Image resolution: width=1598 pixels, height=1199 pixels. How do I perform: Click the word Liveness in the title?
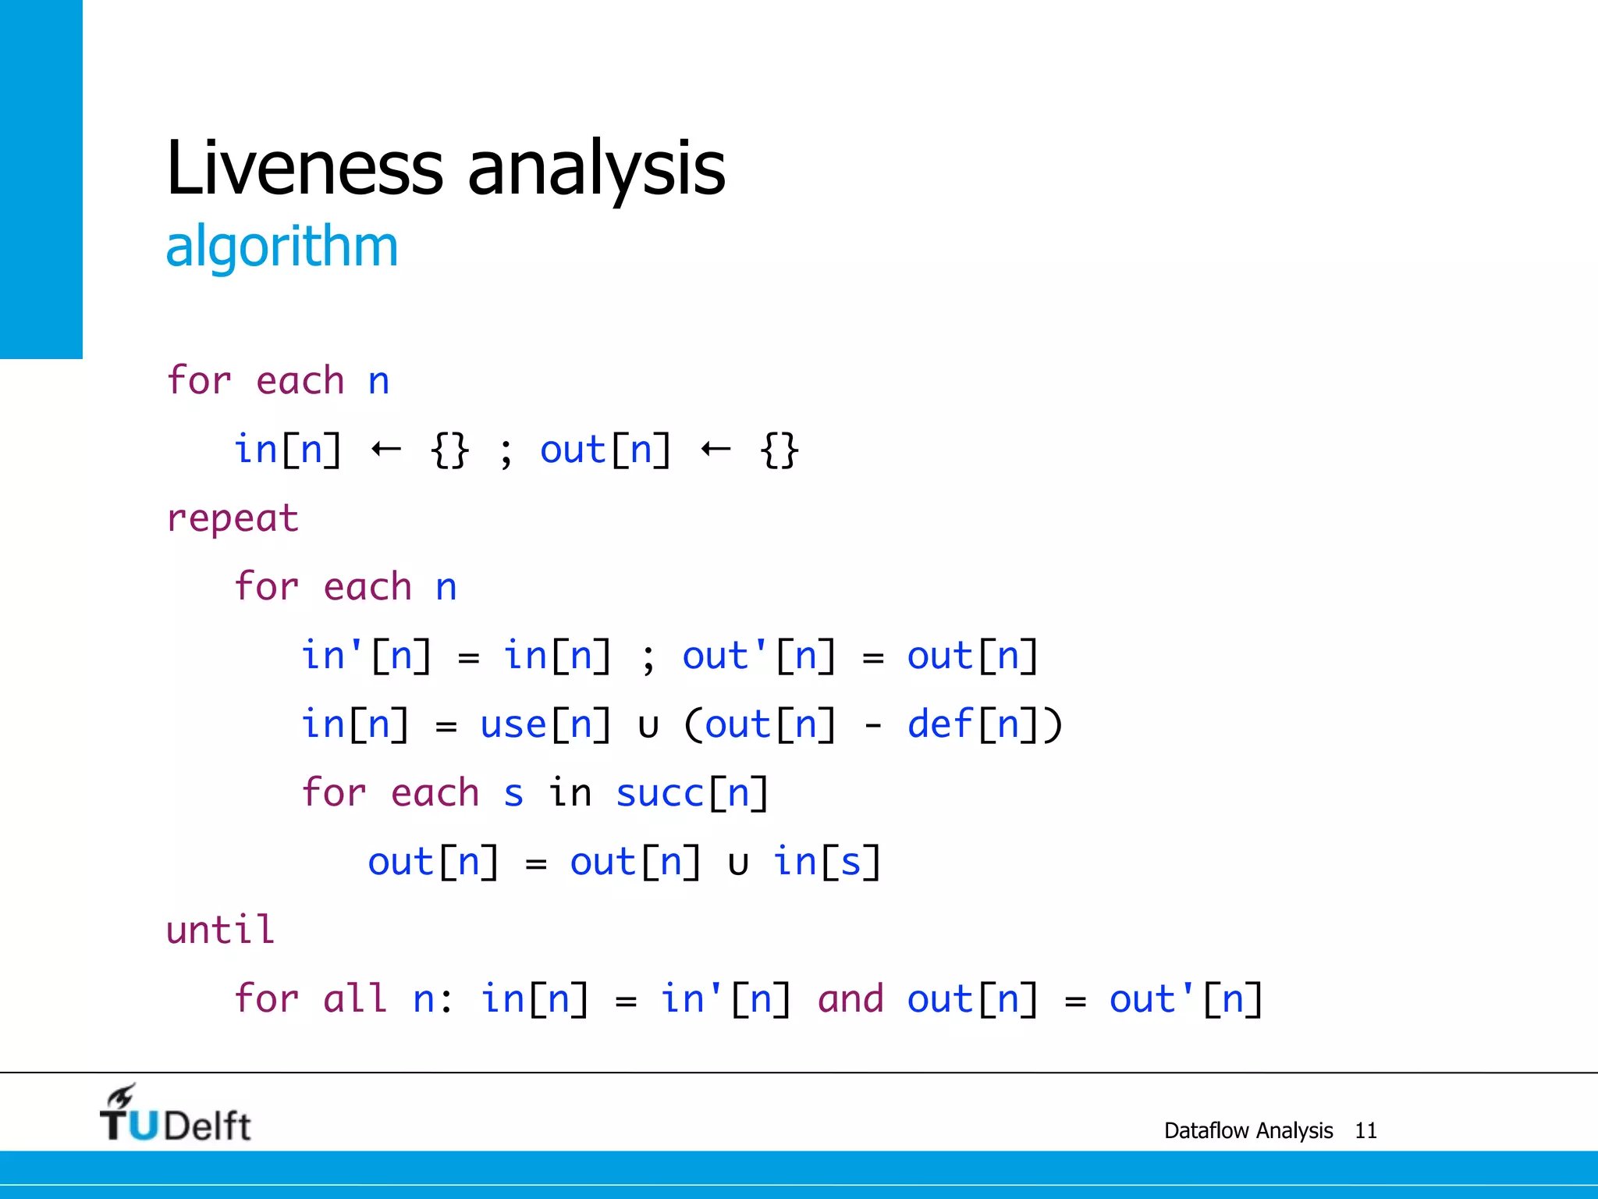click(x=304, y=167)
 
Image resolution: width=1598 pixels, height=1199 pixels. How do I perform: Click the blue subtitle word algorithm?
click(x=282, y=247)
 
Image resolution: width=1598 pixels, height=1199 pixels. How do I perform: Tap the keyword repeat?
click(x=233, y=519)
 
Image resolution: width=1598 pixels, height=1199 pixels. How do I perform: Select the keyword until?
click(x=220, y=930)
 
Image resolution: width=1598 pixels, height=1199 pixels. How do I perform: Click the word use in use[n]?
click(x=513, y=725)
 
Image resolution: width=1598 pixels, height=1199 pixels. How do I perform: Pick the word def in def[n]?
click(x=939, y=724)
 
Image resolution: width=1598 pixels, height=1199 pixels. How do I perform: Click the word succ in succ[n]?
click(x=659, y=794)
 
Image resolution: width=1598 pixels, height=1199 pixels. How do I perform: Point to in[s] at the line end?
click(x=826, y=863)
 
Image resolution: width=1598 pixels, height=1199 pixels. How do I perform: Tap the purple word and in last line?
click(x=850, y=1000)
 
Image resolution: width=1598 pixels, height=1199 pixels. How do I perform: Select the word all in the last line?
click(x=355, y=999)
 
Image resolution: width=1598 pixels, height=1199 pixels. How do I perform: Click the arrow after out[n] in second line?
click(x=716, y=449)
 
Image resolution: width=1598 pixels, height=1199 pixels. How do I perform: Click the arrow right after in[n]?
click(x=386, y=449)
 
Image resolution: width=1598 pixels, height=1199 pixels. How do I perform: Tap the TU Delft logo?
click(x=175, y=1115)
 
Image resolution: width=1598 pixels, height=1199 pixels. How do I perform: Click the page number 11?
click(x=1365, y=1130)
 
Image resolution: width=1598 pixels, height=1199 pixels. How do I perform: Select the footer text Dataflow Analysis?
click(x=1248, y=1130)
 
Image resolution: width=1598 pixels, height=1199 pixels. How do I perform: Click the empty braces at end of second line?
click(x=779, y=450)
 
